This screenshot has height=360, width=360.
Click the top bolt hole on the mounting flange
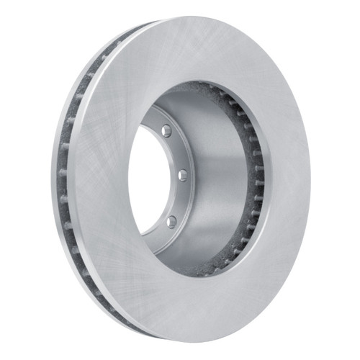click(x=166, y=130)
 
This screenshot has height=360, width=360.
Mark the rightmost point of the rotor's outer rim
click(x=310, y=180)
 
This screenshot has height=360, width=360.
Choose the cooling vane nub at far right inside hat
click(x=261, y=180)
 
